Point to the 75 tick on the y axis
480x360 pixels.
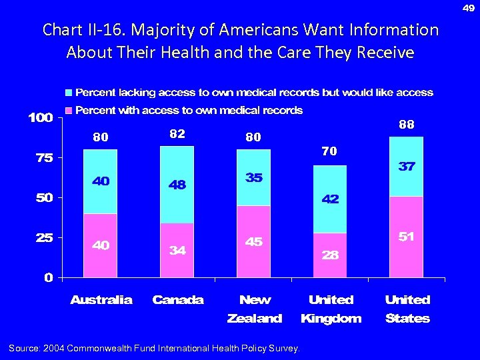click(x=42, y=158)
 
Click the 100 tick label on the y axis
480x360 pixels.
click(x=39, y=118)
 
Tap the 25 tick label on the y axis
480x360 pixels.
click(x=42, y=238)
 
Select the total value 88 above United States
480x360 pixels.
click(x=407, y=124)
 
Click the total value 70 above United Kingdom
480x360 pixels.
click(x=329, y=152)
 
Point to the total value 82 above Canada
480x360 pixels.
click(x=177, y=134)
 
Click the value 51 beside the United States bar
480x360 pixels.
click(x=407, y=237)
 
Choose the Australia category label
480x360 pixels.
click(x=101, y=300)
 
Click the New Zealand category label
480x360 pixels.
click(x=255, y=309)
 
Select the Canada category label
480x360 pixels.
click(x=178, y=300)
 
